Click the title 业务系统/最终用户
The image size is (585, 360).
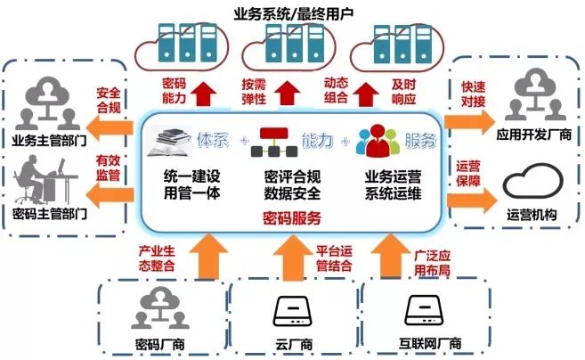[x=291, y=12]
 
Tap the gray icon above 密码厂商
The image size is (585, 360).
[x=153, y=309]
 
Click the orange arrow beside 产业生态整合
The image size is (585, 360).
[x=207, y=252]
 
